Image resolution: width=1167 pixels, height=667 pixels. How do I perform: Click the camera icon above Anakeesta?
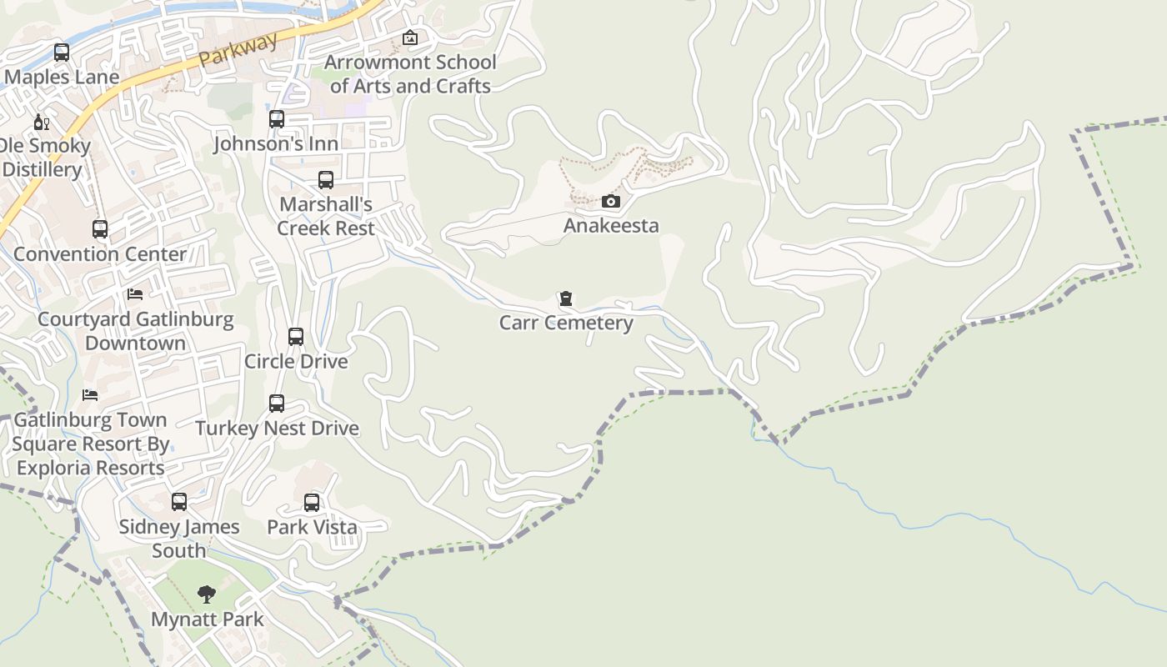tap(611, 201)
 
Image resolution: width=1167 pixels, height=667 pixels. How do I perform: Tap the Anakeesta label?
tap(611, 225)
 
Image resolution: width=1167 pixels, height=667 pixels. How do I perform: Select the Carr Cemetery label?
tap(566, 323)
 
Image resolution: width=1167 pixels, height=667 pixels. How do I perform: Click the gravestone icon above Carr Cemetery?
tap(566, 298)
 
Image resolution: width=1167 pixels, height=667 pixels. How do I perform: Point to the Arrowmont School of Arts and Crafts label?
tap(410, 74)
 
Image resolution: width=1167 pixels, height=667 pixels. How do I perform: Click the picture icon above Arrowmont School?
tap(409, 38)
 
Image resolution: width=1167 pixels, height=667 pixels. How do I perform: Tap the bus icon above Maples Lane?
tap(62, 53)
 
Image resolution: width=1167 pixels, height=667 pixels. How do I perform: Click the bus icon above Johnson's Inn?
tap(277, 119)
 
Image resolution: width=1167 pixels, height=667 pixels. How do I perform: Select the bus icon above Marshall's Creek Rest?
tap(326, 180)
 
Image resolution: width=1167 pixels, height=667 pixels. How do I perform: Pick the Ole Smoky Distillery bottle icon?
tap(41, 123)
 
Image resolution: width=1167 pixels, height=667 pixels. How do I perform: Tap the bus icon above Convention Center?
tap(100, 229)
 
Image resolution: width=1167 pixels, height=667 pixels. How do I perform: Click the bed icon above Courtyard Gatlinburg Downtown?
tap(135, 294)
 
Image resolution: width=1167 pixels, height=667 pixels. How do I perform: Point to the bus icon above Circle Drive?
tap(296, 337)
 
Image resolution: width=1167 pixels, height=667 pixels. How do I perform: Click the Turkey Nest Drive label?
tap(277, 429)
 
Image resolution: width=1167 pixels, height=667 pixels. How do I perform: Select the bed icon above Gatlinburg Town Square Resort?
tap(90, 395)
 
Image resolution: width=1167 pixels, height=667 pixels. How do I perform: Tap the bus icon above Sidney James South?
tap(179, 502)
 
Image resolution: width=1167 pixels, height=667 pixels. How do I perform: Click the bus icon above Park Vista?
tap(312, 503)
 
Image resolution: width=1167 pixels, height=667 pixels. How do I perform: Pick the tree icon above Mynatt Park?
tap(207, 594)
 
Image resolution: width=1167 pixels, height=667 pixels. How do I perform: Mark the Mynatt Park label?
tap(207, 619)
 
